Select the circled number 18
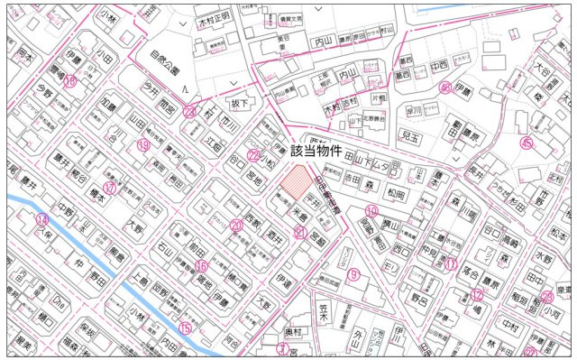(x=69, y=81)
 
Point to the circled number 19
(x=143, y=144)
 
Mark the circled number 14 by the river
(x=41, y=219)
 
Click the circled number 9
(x=354, y=273)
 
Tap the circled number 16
(x=201, y=266)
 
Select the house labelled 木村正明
(x=215, y=15)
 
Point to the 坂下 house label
(x=238, y=103)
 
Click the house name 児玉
(x=411, y=136)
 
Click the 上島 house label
(x=140, y=282)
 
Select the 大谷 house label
(x=542, y=68)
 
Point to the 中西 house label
(x=439, y=66)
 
